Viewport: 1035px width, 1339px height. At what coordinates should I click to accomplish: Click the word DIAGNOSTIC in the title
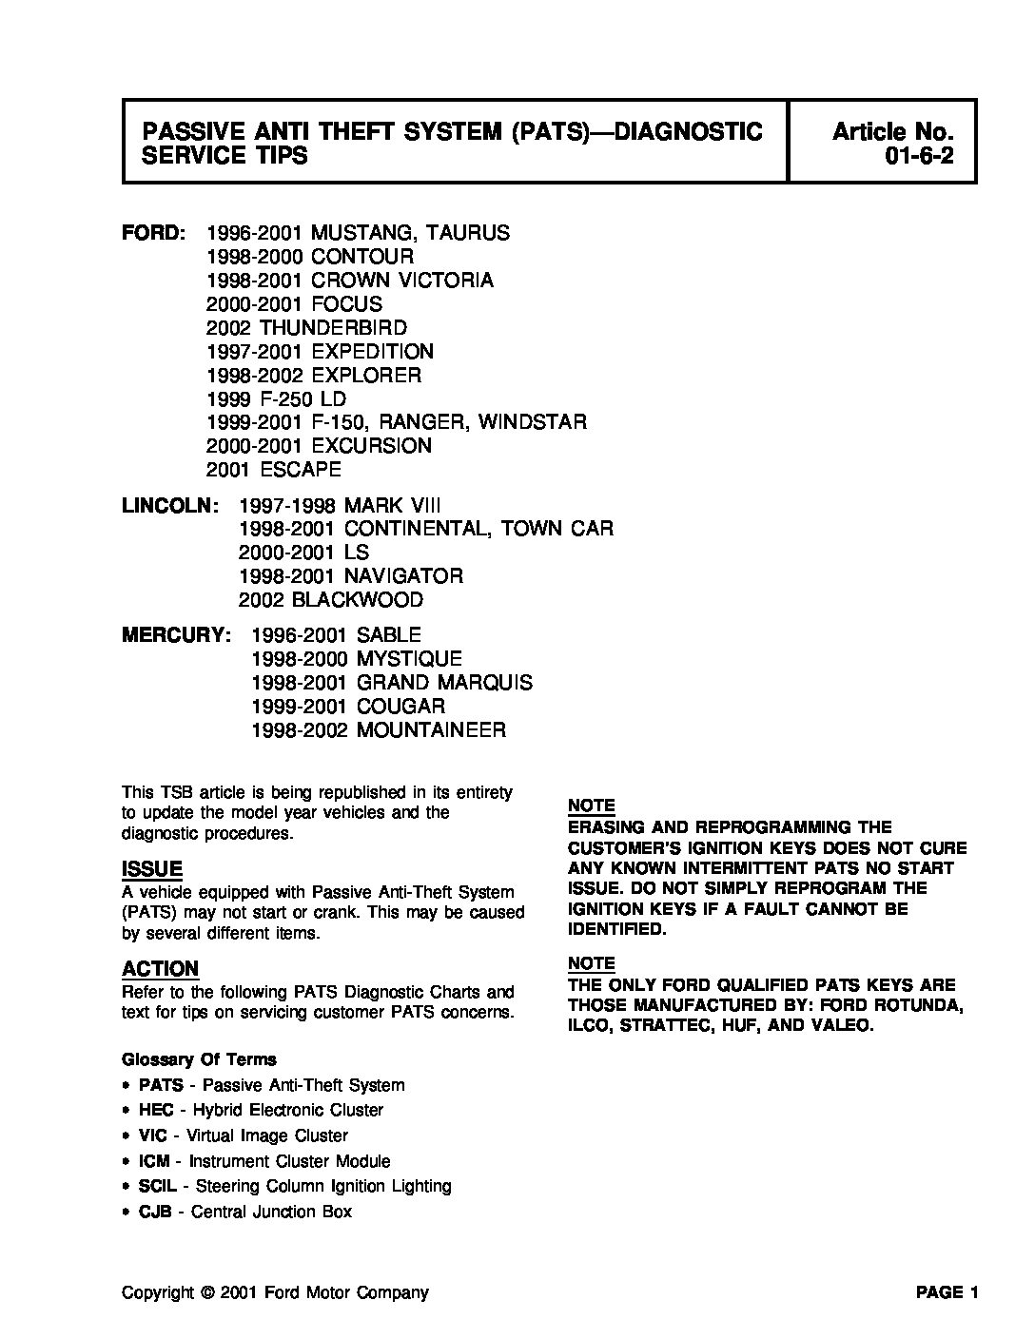689,131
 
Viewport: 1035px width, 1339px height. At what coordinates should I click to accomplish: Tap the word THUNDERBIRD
333,328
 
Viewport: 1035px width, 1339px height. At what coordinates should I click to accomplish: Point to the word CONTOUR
362,257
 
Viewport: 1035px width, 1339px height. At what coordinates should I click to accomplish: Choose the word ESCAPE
300,470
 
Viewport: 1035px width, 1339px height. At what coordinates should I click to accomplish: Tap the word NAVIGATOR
403,576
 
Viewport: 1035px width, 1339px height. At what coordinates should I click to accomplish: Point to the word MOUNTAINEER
431,730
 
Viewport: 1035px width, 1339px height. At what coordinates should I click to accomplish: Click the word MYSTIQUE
409,659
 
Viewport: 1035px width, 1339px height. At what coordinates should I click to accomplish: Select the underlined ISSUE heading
152,869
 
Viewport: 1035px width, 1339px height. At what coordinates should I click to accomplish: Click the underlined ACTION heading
160,969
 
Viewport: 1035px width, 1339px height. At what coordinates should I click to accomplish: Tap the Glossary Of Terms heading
199,1059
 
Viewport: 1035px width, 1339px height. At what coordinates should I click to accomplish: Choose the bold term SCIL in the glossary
158,1186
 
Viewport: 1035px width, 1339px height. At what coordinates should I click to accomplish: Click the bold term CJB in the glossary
156,1212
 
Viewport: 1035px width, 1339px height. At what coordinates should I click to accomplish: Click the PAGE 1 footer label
947,1292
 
